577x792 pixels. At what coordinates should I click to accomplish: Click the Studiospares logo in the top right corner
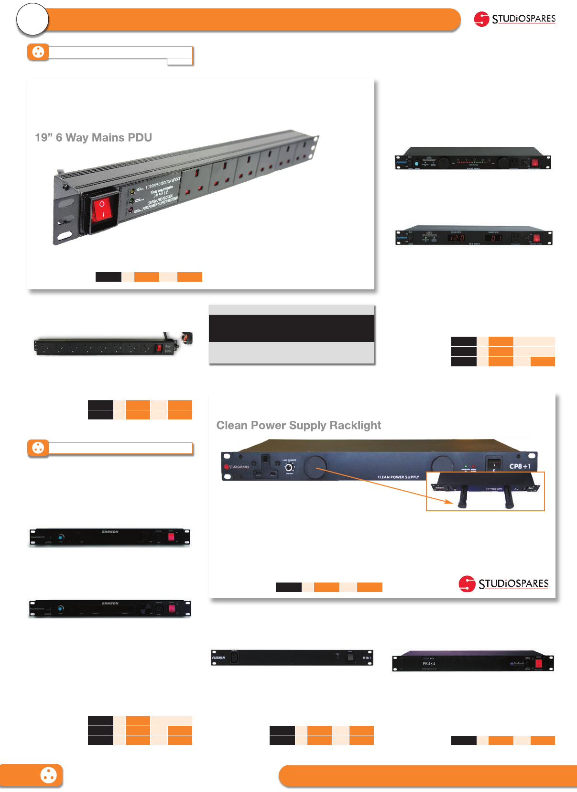[x=514, y=19]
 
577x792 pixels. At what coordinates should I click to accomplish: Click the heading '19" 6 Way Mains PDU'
[x=93, y=138]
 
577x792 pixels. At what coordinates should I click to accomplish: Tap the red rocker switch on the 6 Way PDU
[x=102, y=209]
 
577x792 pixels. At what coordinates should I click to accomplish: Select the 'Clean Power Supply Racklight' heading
[x=298, y=425]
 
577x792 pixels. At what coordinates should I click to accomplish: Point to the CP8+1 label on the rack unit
[x=520, y=466]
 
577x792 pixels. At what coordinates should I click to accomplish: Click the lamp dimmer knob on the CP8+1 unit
[x=289, y=468]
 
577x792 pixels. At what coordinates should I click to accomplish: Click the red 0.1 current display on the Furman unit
[x=496, y=238]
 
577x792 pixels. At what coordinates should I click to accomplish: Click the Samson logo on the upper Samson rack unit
[x=110, y=532]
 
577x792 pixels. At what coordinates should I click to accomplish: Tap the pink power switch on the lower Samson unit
[x=173, y=609]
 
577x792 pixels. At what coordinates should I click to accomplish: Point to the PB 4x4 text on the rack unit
[x=429, y=664]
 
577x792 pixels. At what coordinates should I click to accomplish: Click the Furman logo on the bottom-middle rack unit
[x=218, y=658]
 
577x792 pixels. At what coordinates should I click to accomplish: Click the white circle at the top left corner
[x=33, y=20]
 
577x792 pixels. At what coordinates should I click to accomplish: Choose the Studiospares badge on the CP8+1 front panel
[x=237, y=467]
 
